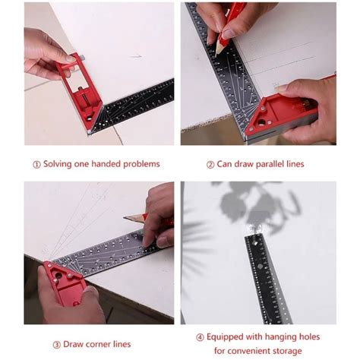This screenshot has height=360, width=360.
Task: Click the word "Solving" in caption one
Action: pyautogui.click(x=58, y=164)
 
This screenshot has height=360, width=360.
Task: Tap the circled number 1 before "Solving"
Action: pyautogui.click(x=36, y=164)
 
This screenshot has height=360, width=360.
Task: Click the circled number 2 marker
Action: pyautogui.click(x=210, y=164)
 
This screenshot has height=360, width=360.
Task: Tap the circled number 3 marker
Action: pyautogui.click(x=57, y=344)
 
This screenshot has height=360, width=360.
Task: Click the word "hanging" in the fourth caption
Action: pyautogui.click(x=286, y=336)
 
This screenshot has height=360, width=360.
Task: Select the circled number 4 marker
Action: pyautogui.click(x=201, y=336)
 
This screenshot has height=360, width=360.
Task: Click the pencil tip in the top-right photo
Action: pyautogui.click(x=218, y=52)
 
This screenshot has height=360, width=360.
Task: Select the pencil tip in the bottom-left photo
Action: pyautogui.click(x=126, y=218)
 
